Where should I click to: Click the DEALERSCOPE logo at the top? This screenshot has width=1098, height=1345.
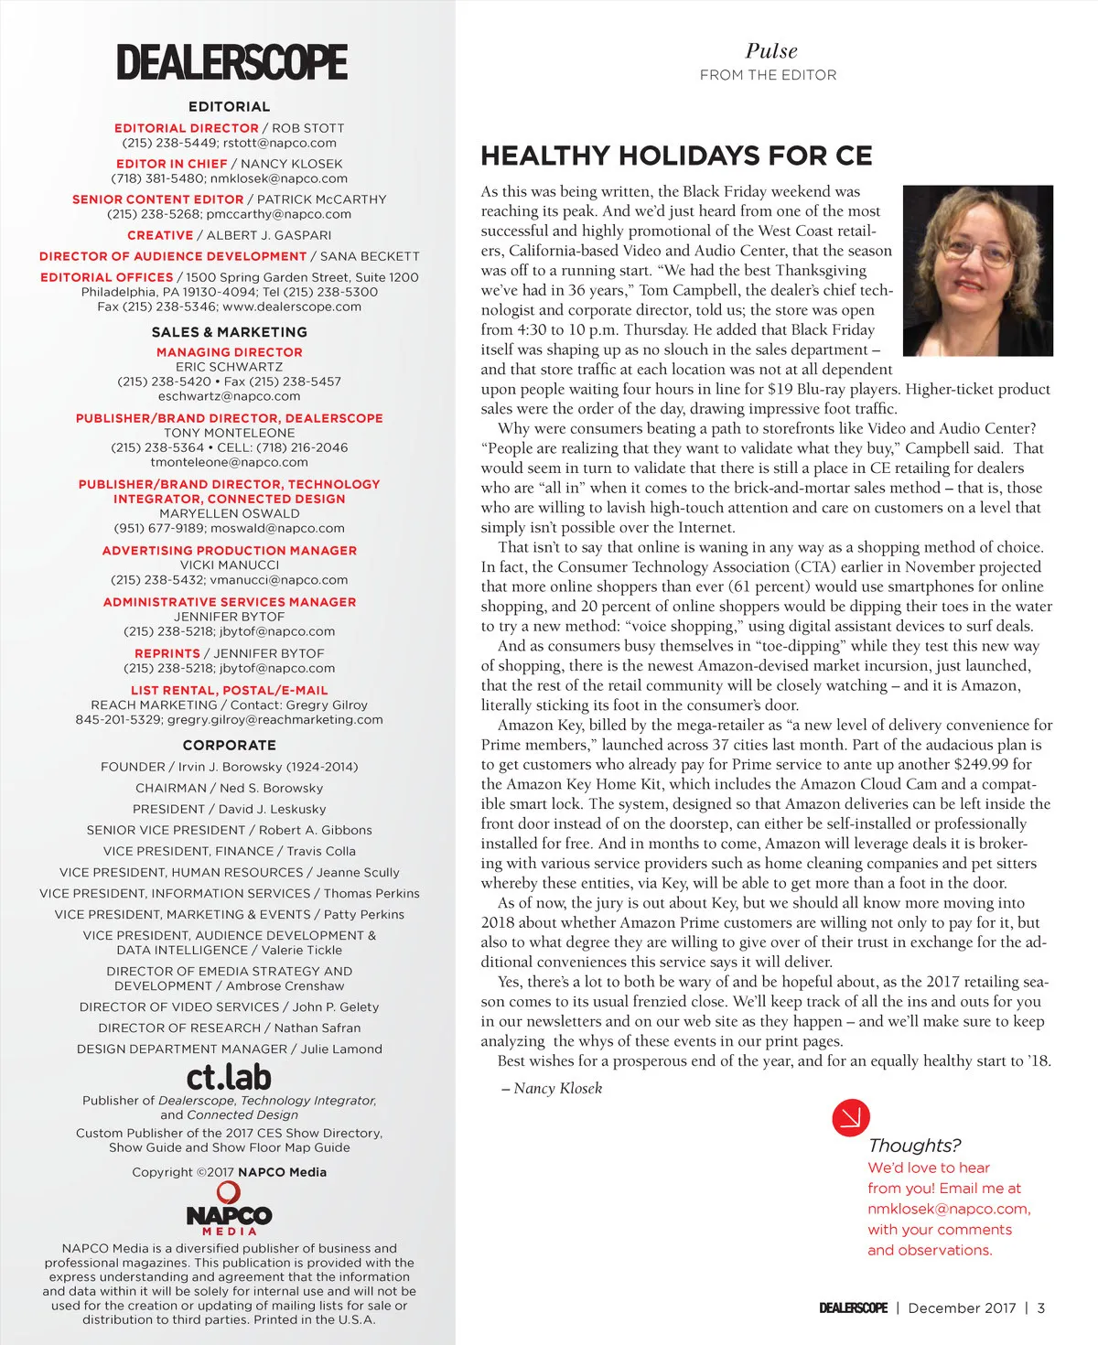tap(231, 62)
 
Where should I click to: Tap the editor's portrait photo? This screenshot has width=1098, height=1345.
tap(977, 270)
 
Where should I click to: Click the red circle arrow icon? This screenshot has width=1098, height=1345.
tap(850, 1116)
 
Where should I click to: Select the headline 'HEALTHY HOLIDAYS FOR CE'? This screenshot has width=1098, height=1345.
tap(676, 156)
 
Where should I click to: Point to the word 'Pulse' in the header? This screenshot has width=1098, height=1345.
tap(770, 51)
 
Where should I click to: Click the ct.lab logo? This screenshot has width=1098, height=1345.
tap(229, 1076)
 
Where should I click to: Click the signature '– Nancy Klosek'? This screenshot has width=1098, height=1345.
tap(552, 1088)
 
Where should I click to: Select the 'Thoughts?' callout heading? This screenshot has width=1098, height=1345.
tap(914, 1145)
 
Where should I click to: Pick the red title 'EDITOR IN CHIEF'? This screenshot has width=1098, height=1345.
tap(171, 164)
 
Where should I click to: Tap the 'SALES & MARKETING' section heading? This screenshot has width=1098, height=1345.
tap(229, 332)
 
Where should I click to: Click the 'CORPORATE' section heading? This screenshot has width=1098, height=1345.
tap(229, 745)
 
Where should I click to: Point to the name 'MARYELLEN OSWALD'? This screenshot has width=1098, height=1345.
tap(229, 513)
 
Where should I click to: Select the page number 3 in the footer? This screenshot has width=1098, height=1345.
tap(1040, 1307)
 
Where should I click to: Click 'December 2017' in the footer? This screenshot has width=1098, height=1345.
tap(962, 1307)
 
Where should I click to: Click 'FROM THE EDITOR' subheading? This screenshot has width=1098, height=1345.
tap(768, 75)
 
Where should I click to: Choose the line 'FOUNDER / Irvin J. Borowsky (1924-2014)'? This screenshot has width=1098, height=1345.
tap(229, 767)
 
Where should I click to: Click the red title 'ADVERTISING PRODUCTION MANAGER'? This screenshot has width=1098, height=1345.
tap(229, 550)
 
